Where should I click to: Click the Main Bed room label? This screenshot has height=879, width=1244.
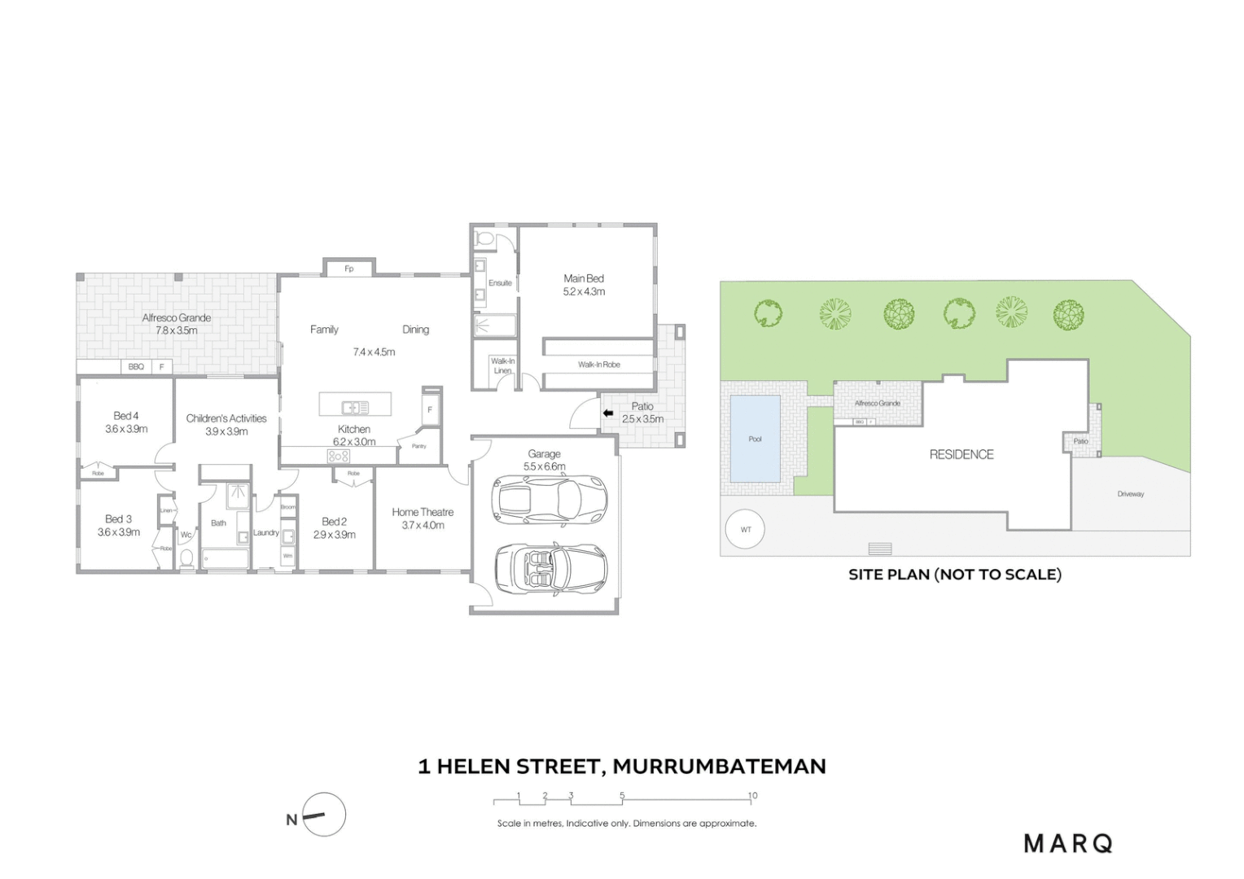point(584,278)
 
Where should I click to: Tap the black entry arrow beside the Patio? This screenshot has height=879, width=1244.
point(607,413)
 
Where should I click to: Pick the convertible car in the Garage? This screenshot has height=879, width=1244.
point(551,566)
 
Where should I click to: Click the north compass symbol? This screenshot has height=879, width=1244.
point(323,815)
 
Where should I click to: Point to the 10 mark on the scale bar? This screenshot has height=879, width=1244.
point(752,796)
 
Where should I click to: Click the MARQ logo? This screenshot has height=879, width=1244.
point(1067,843)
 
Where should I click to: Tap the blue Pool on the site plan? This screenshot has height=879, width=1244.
point(755,439)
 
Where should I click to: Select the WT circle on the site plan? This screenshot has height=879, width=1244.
point(746,529)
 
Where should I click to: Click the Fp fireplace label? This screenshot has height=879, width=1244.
point(349,269)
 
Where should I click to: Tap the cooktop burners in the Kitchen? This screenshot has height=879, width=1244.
point(339,457)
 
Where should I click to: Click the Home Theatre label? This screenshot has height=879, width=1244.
point(423,512)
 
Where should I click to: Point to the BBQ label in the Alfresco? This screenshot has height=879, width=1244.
point(136,367)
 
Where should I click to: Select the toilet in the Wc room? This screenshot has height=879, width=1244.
point(186,558)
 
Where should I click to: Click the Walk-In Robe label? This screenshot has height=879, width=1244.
point(599,365)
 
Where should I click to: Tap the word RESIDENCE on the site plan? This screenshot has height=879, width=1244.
point(961,454)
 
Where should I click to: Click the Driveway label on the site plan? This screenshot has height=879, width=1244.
point(1130,494)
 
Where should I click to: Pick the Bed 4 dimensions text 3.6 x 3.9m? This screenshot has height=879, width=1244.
point(126,429)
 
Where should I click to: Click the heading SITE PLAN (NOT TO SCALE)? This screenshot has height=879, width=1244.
point(954,575)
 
